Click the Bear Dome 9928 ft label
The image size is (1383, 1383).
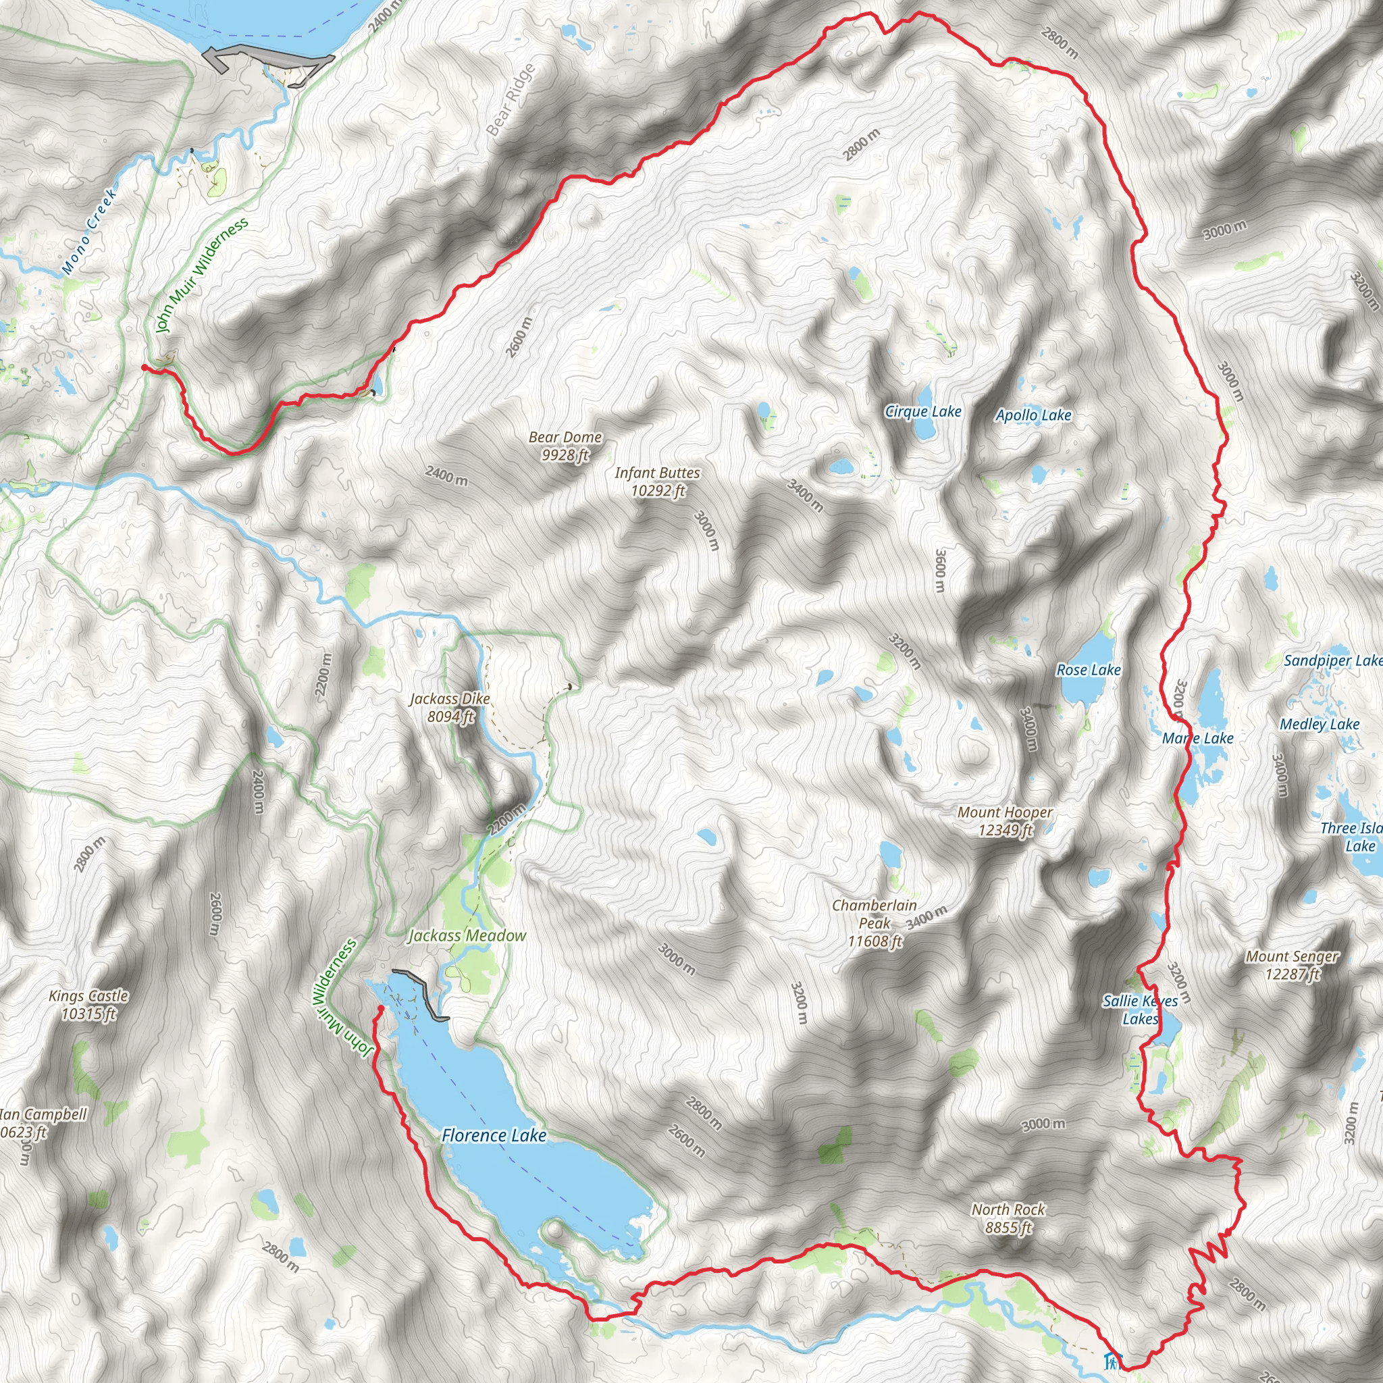565,446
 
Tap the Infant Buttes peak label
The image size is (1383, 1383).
657,481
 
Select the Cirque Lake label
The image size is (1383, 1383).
922,412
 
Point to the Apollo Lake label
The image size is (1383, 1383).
1033,415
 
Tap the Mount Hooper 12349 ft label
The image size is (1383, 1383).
1005,821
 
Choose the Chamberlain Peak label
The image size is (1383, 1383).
874,923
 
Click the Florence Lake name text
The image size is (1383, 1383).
493,1135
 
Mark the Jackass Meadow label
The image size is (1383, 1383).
467,935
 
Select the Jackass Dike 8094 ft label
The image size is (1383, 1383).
450,707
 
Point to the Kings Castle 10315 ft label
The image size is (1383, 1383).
88,1004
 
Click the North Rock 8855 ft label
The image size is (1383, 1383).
1008,1218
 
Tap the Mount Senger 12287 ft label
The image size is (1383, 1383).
1291,965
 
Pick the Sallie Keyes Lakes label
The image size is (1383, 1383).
1140,1010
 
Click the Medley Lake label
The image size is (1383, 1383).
1320,725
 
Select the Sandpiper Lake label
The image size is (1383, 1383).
1332,660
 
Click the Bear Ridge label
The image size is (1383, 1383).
511,99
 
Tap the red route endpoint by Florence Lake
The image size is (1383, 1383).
381,1009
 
